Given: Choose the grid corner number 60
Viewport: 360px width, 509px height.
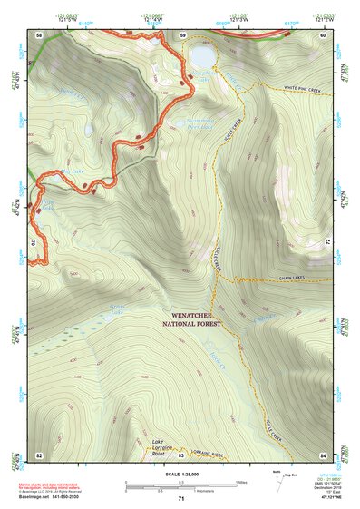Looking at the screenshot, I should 324,34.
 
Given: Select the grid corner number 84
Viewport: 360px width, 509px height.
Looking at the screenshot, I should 324,454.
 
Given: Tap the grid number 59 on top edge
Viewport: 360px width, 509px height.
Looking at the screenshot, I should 182,34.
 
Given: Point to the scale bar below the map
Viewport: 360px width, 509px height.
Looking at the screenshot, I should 181,483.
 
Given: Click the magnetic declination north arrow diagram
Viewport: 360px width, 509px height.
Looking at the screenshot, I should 277,477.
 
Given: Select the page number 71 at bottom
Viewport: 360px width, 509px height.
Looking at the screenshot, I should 181,498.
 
